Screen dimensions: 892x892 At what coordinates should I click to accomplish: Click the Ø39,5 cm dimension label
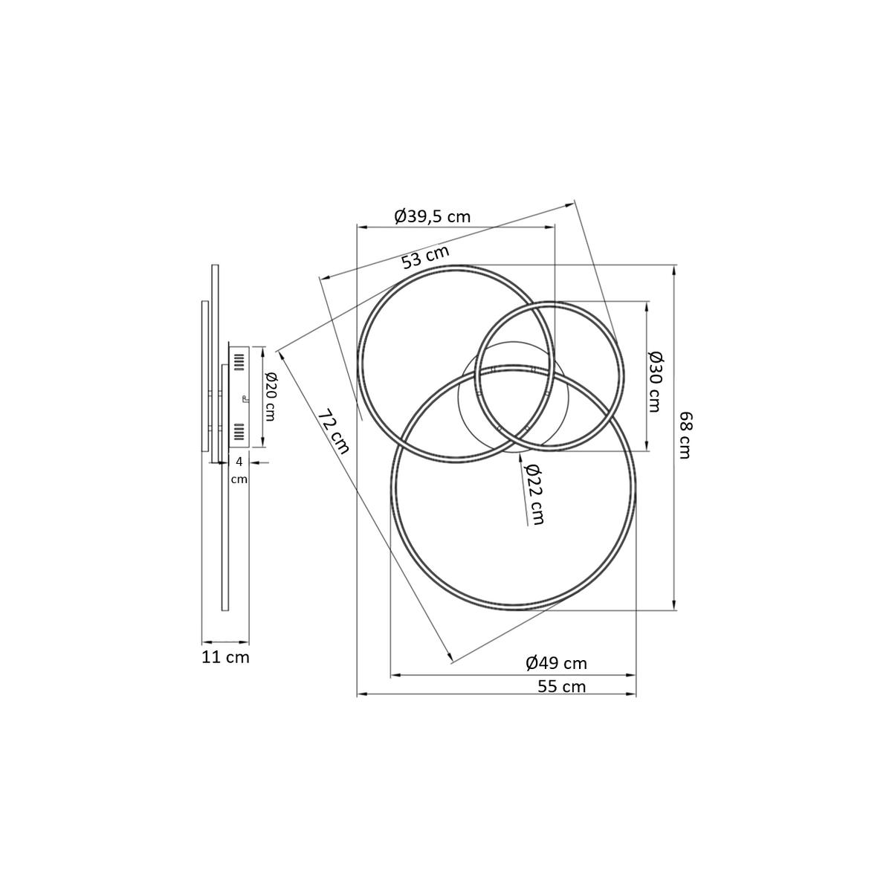point(432,216)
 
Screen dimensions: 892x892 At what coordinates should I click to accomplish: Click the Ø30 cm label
point(654,381)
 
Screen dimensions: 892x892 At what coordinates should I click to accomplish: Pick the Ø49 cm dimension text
point(556,663)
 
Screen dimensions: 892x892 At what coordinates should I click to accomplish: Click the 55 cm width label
point(561,686)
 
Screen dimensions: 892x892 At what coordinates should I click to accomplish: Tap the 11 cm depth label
point(225,657)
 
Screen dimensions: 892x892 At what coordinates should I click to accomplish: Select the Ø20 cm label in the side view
point(268,396)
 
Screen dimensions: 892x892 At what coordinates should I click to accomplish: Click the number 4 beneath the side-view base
point(239,462)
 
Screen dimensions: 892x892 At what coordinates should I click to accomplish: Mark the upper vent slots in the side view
point(239,362)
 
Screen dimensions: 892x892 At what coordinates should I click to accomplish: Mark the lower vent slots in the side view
point(239,432)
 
